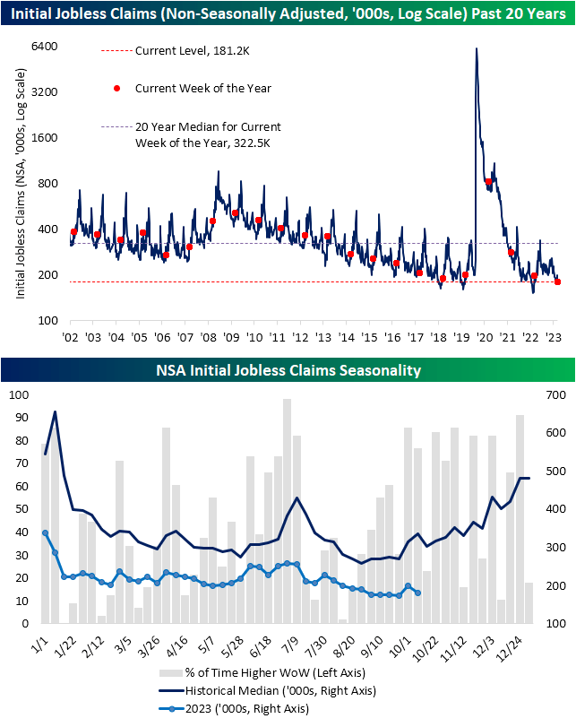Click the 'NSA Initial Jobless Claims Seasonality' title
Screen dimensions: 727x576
pos(288,369)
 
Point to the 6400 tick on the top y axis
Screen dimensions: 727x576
pos(46,47)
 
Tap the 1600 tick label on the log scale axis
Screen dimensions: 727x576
pos(46,138)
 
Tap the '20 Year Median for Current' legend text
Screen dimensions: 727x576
pos(207,126)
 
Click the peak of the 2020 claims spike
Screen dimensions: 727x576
pos(476,48)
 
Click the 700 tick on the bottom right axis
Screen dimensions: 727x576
pos(555,394)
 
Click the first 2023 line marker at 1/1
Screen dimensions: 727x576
pos(45,532)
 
